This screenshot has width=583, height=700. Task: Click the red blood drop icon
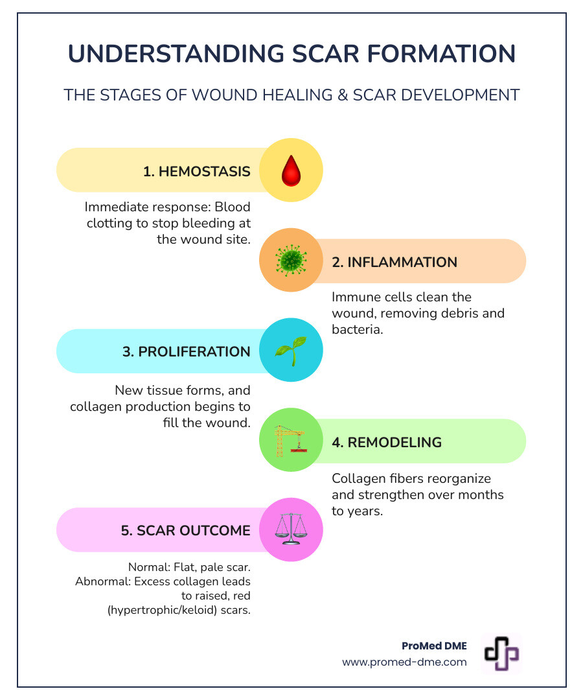click(x=291, y=171)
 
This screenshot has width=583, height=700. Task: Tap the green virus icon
click(x=291, y=261)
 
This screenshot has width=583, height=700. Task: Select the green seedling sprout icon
click(x=291, y=351)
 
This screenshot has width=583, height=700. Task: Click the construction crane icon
click(x=290, y=441)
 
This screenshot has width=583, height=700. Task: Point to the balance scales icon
click(x=291, y=530)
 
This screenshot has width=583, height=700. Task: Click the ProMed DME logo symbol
click(x=501, y=653)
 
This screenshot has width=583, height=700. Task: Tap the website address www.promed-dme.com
click(x=404, y=662)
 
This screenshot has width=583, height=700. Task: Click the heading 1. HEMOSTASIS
click(x=197, y=172)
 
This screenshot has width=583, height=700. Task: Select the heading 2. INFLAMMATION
click(x=394, y=262)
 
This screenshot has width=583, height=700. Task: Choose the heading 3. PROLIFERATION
click(x=186, y=351)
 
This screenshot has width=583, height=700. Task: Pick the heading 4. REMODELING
click(x=387, y=442)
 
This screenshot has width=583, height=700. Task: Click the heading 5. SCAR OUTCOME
click(x=185, y=530)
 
